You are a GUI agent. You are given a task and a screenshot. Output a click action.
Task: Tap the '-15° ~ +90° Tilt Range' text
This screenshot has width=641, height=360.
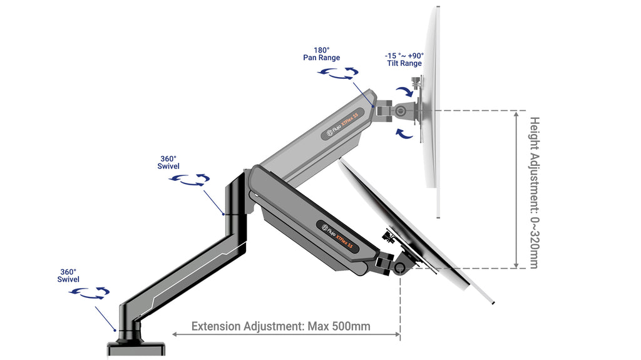(x=404, y=59)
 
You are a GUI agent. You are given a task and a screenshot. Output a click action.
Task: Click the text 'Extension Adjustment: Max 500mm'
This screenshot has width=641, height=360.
(x=280, y=326)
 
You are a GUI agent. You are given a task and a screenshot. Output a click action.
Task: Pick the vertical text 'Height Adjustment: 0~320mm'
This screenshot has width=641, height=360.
(x=534, y=192)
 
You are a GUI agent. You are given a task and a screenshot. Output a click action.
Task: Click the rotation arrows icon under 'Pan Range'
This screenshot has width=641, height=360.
(x=337, y=74)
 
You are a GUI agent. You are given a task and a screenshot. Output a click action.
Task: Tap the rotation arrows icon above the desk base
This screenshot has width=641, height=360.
(x=90, y=292)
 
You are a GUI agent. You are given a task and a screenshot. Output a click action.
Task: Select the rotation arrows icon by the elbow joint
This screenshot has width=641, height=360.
(x=190, y=180)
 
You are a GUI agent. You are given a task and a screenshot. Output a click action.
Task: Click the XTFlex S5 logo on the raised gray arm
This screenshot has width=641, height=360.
(x=343, y=124)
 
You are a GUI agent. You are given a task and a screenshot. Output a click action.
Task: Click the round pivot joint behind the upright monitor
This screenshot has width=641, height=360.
(x=399, y=111)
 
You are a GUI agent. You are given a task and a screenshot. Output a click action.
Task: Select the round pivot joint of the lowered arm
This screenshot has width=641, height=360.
(x=399, y=268)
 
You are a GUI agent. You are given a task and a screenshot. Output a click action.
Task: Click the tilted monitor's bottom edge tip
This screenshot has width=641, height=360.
(x=493, y=303)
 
